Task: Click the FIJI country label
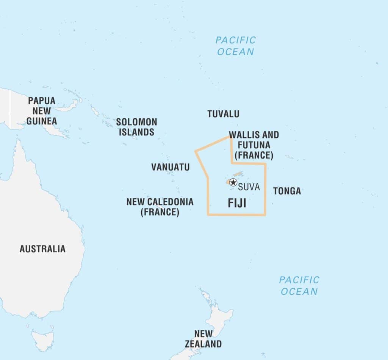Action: pyautogui.click(x=237, y=203)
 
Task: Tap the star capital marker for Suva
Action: pyautogui.click(x=233, y=182)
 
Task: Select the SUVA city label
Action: pyautogui.click(x=249, y=187)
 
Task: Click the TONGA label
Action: pyautogui.click(x=287, y=191)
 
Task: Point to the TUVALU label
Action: pyautogui.click(x=223, y=114)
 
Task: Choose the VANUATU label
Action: pyautogui.click(x=170, y=167)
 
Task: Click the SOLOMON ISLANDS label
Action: pyautogui.click(x=136, y=127)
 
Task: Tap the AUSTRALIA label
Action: pyautogui.click(x=42, y=249)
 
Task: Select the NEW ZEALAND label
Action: pyautogui.click(x=203, y=339)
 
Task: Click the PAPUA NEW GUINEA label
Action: pyautogui.click(x=42, y=111)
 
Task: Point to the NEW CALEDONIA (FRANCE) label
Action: pyautogui.click(x=160, y=207)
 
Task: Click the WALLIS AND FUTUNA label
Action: pyautogui.click(x=254, y=145)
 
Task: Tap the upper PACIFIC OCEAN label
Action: pyautogui.click(x=236, y=46)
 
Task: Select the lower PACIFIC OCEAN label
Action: pyautogui.click(x=299, y=285)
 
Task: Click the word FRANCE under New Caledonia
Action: pyautogui.click(x=160, y=212)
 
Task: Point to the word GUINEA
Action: pyautogui.click(x=42, y=121)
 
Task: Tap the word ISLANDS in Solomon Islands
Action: pyautogui.click(x=136, y=132)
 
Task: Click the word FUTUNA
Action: pyautogui.click(x=253, y=145)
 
